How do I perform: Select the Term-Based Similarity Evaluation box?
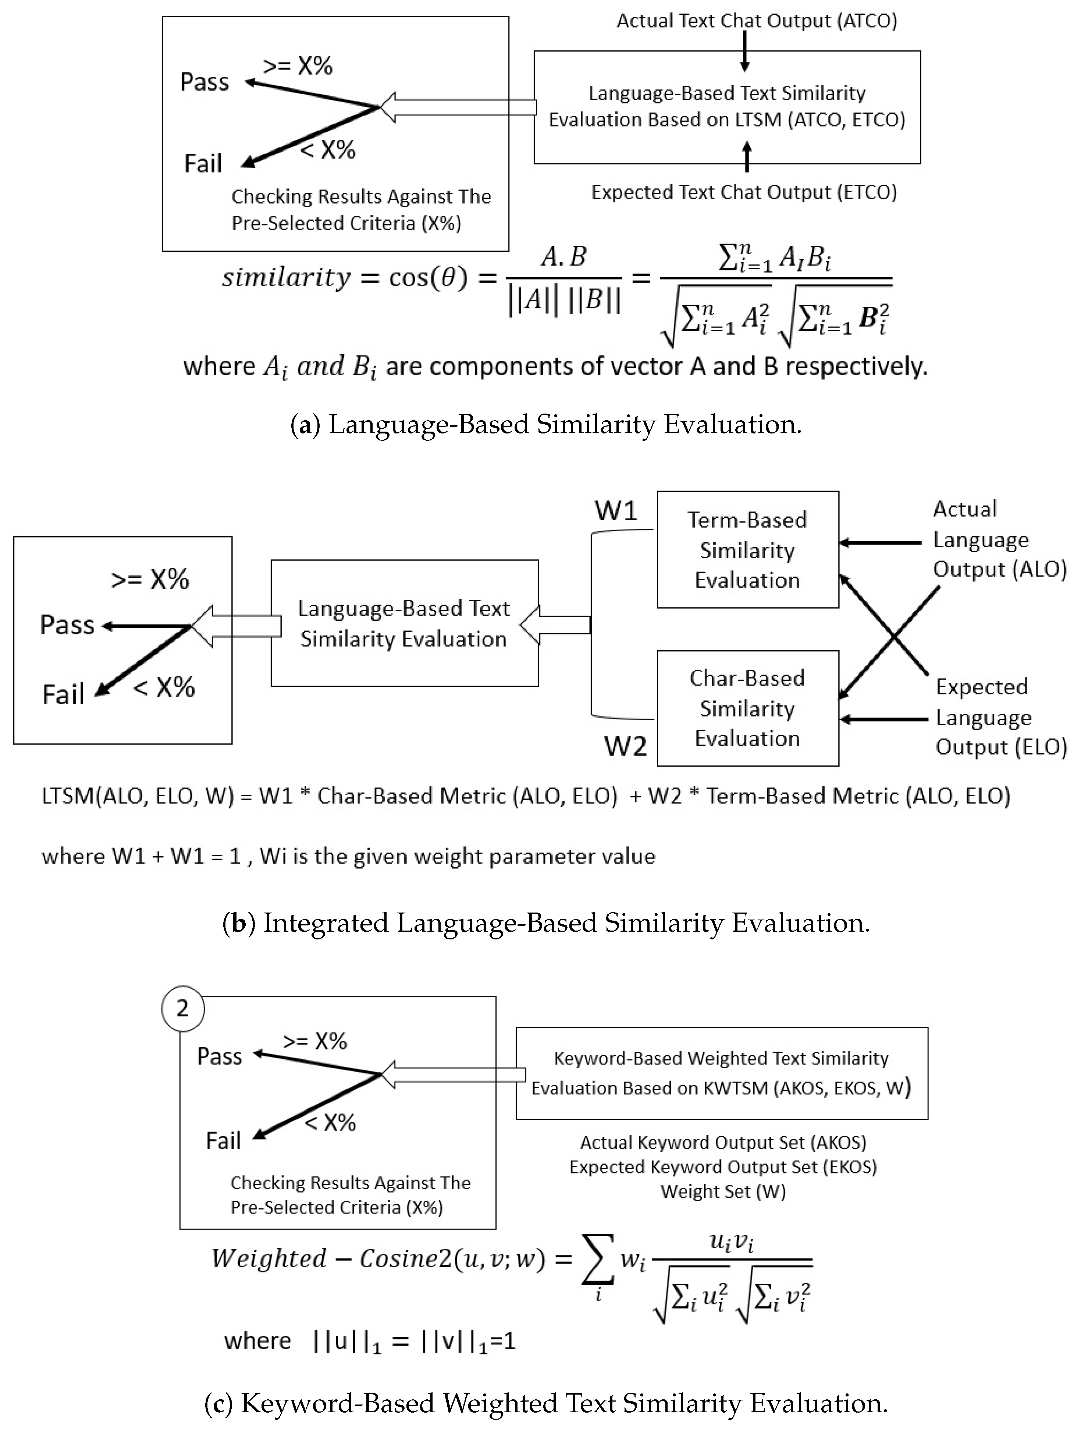[747, 550]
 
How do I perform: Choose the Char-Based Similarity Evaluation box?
[747, 708]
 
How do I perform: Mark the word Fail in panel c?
[223, 1140]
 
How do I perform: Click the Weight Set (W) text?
[723, 1191]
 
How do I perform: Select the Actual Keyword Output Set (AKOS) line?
[723, 1143]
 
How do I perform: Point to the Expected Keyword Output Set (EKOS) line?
[723, 1167]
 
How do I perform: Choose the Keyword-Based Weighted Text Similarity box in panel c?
[722, 1073]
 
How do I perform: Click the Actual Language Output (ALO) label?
[999, 539]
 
